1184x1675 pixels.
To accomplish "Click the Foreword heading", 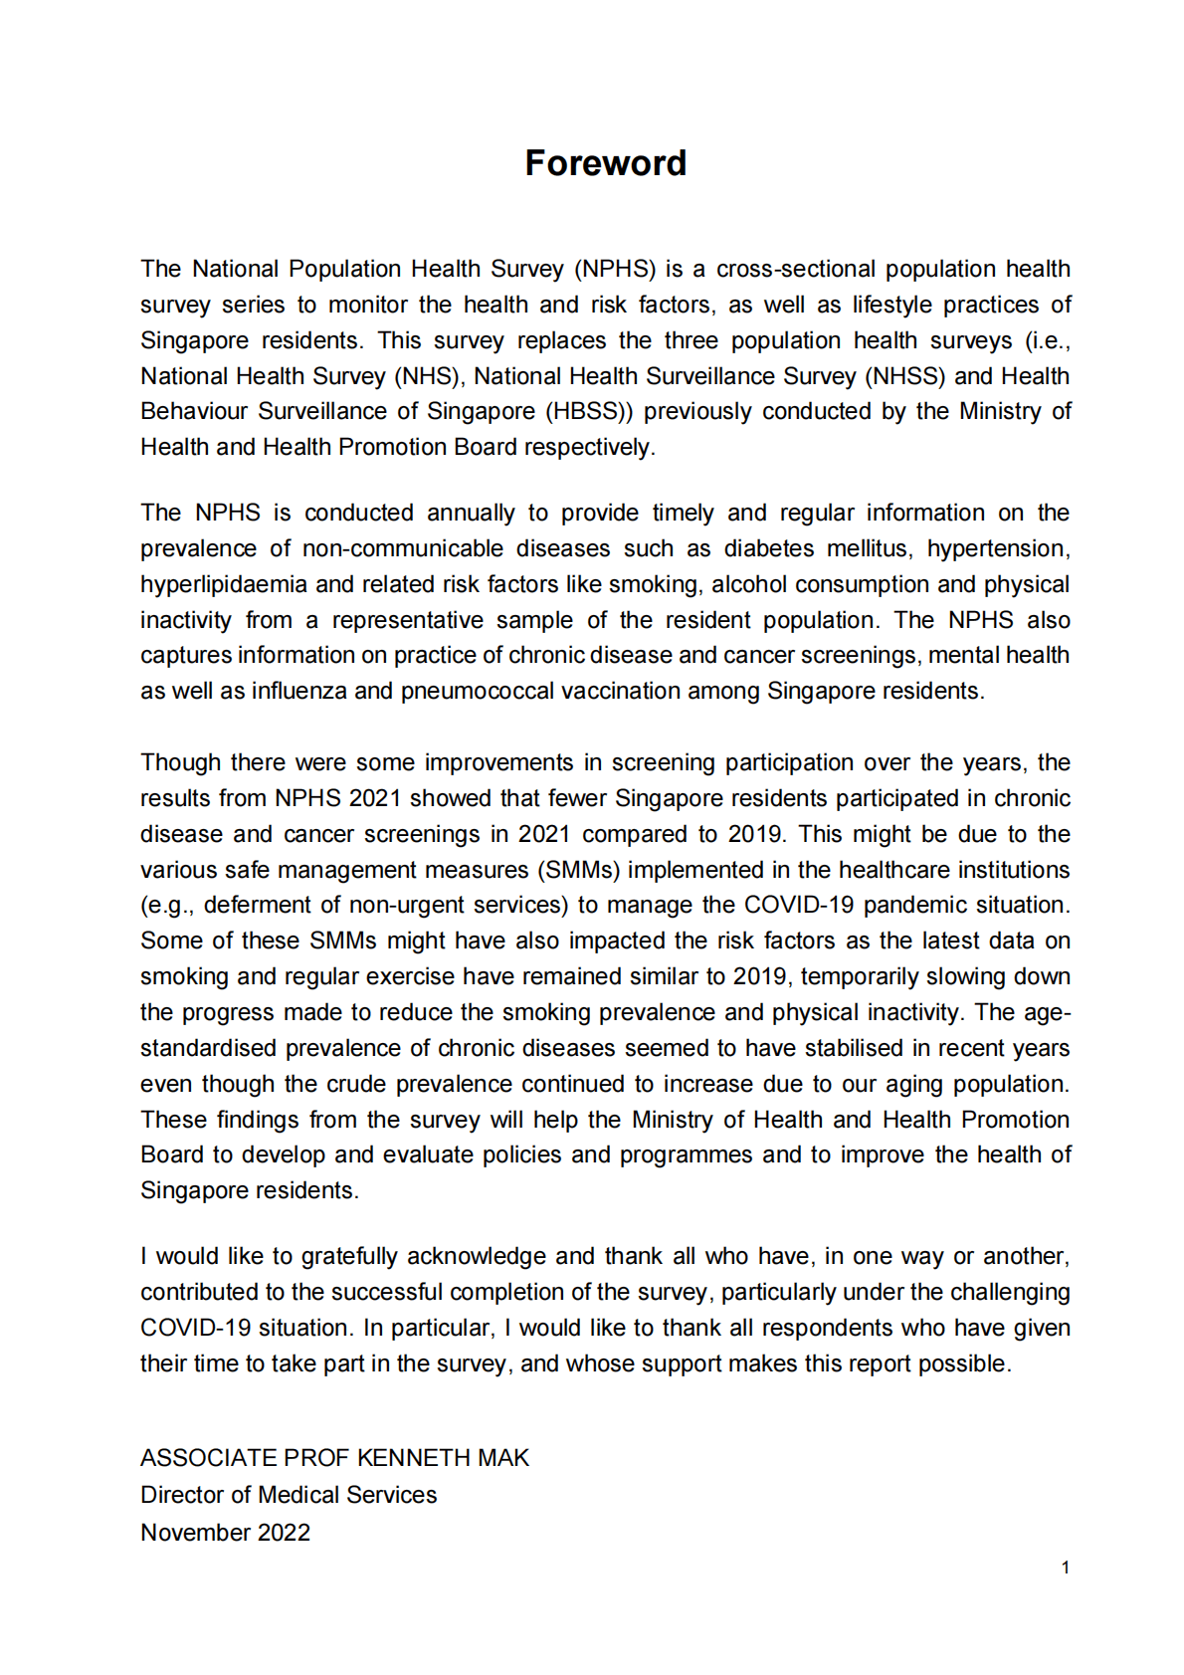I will tap(605, 163).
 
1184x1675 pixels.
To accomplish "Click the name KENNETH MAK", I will tap(443, 1458).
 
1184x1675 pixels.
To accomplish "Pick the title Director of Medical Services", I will tap(289, 1495).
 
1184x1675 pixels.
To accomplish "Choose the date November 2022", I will tap(225, 1533).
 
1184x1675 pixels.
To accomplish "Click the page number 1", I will tap(1065, 1568).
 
